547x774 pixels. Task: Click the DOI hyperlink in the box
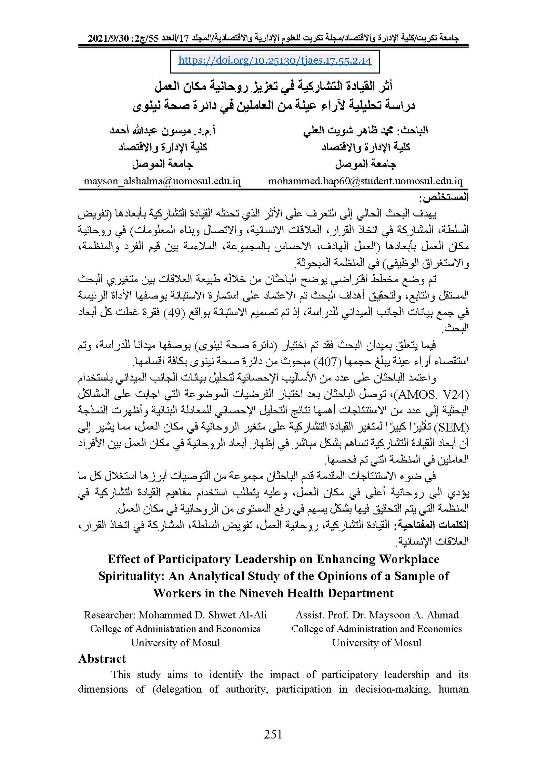tap(275, 61)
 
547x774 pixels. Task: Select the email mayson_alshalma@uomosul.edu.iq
tap(162, 181)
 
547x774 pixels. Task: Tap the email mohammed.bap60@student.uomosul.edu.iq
tap(365, 181)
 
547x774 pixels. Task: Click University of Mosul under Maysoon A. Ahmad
tap(376, 643)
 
